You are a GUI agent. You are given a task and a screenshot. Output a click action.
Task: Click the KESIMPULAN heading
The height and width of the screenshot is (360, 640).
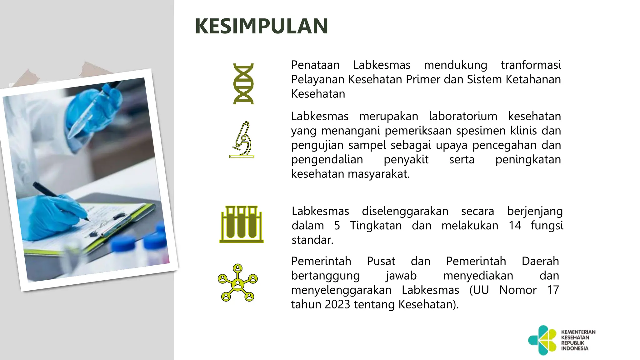point(262,26)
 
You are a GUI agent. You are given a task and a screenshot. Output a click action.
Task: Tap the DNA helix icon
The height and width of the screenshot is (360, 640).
point(243,84)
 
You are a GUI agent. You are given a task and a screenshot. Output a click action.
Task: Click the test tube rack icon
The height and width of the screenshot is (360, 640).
point(241,224)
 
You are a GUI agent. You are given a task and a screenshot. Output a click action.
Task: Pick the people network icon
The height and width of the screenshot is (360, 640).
point(238,282)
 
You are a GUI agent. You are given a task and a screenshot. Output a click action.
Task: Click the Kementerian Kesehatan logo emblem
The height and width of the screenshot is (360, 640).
point(542,340)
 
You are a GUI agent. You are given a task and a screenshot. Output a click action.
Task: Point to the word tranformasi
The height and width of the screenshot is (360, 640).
point(531,65)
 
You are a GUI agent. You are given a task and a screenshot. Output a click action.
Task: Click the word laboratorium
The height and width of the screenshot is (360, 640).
point(463,116)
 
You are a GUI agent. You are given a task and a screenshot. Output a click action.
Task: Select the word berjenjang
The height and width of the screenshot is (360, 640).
point(535,211)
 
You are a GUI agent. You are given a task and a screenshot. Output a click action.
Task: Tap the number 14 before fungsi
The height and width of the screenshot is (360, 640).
point(515,226)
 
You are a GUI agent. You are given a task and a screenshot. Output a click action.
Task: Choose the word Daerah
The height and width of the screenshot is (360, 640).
point(540,261)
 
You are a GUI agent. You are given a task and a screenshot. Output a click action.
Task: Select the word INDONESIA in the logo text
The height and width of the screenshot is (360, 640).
point(574,348)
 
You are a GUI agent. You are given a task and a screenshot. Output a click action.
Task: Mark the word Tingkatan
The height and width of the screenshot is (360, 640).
point(376,226)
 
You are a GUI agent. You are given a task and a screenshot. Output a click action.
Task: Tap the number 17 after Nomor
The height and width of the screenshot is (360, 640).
point(553,290)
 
